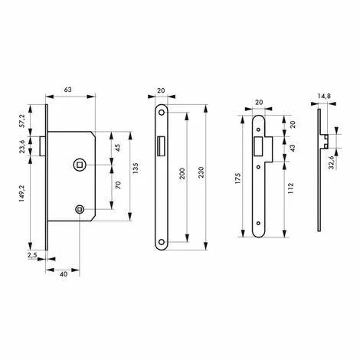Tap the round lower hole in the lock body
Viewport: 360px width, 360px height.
pos(80,210)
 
